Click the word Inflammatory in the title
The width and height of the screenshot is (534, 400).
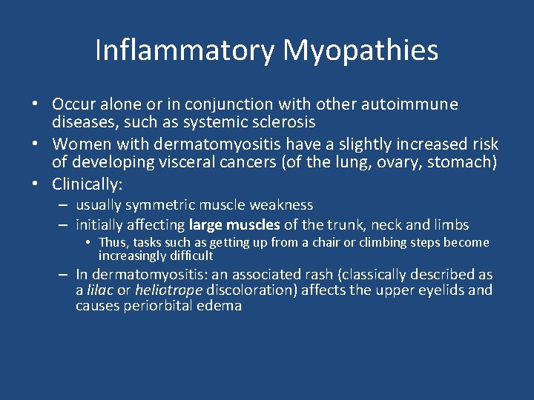coord(185,50)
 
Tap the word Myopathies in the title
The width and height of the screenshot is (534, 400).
coord(360,50)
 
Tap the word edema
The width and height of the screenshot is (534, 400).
coord(221,305)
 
